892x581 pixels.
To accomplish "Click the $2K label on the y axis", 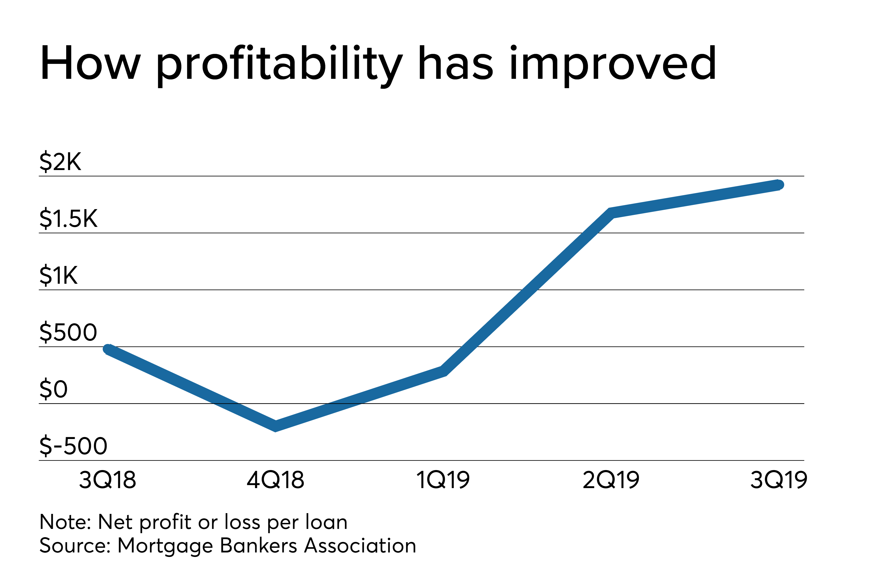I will tap(60, 162).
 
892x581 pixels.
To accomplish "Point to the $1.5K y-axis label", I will tap(68, 219).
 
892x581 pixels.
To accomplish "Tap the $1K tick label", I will tap(58, 276).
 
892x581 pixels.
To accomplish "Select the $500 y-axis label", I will tap(68, 332).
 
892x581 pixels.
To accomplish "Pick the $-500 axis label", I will tap(73, 446).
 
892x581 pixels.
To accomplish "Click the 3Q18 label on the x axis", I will tap(107, 481).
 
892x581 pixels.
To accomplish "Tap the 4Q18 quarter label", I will tap(275, 481).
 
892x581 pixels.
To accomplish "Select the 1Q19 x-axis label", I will tap(443, 481).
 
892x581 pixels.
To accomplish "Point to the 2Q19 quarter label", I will tap(611, 481).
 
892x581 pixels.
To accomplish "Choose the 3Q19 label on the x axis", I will tap(778, 481).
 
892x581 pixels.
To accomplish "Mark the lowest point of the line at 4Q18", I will tap(275, 426).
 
